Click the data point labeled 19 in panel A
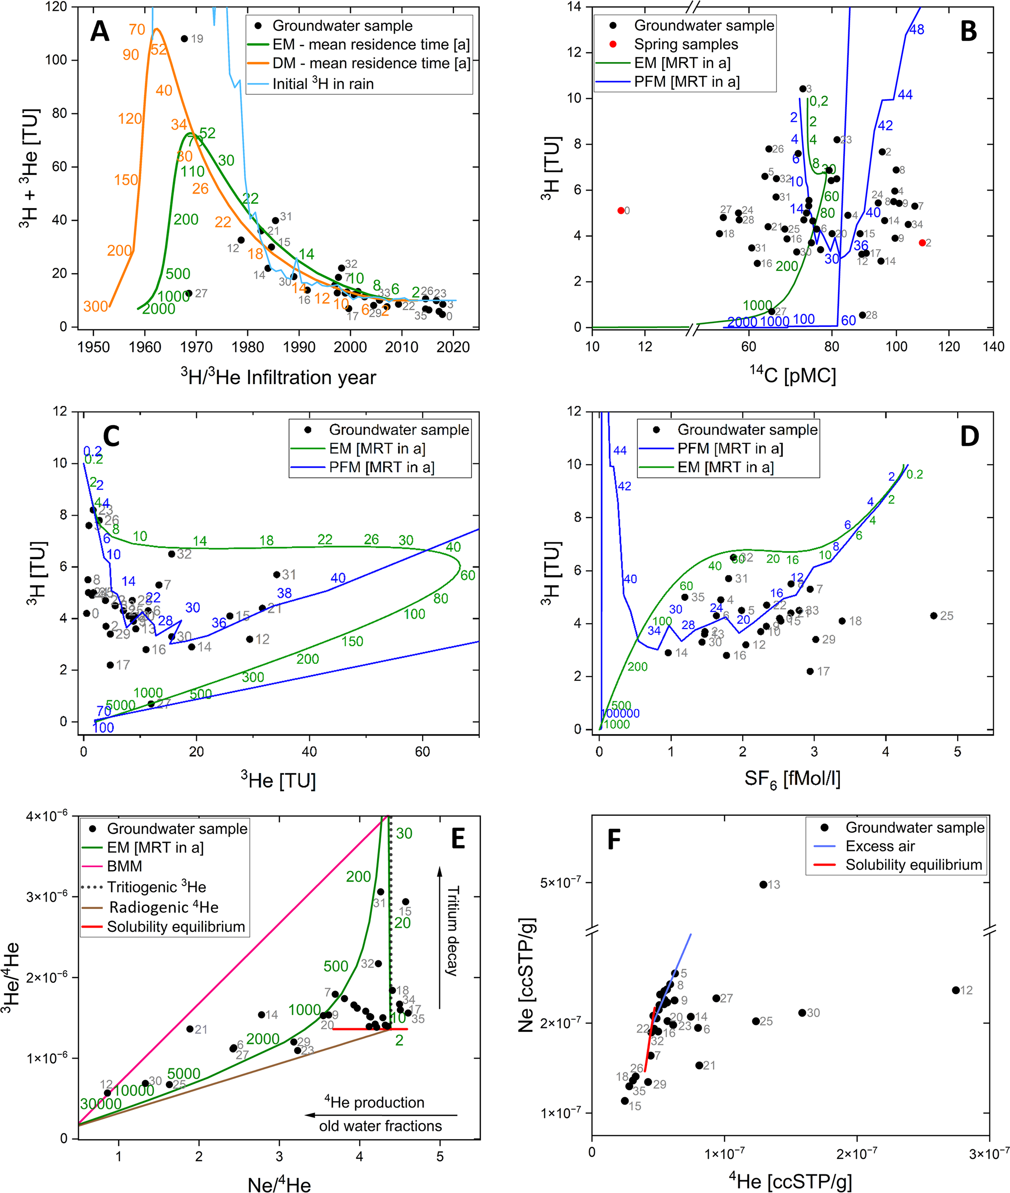[x=184, y=39]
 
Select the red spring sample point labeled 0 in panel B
[x=621, y=211]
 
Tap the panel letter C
[x=110, y=436]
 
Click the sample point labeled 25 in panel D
[x=933, y=616]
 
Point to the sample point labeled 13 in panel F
[x=763, y=884]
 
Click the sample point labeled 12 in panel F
[x=955, y=990]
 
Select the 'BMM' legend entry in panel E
[x=124, y=866]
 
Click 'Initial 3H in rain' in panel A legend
[x=322, y=84]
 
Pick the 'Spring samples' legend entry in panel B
[x=686, y=44]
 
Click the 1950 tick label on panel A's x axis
[x=93, y=347]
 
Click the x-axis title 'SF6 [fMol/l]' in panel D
[x=792, y=779]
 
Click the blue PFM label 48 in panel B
[x=916, y=30]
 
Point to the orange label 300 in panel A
[x=96, y=306]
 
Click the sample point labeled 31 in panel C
[x=277, y=574]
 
